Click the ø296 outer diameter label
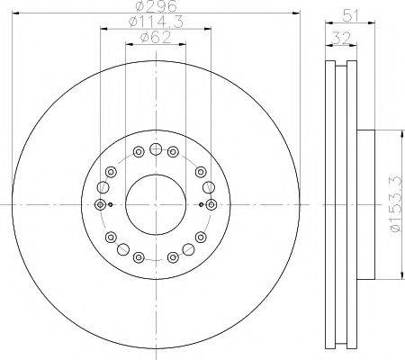(156, 6)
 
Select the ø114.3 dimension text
(156, 22)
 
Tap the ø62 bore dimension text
(156, 38)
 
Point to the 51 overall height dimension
(351, 15)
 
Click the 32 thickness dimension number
(342, 39)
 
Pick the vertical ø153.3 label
(395, 204)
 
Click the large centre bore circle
(156, 204)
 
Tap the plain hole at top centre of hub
(156, 148)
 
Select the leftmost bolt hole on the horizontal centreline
(100, 204)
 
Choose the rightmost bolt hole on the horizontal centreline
(211, 204)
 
